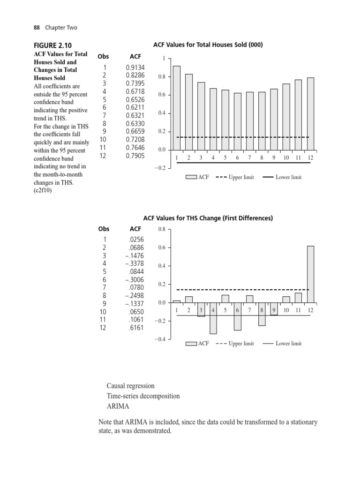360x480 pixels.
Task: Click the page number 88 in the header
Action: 37,28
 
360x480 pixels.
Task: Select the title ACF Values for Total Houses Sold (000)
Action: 208,45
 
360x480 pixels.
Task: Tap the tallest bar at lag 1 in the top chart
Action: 177,108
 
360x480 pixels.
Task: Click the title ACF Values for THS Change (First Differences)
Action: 208,218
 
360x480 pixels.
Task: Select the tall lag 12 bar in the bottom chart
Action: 310,274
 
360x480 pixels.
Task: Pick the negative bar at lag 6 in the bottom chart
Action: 238,316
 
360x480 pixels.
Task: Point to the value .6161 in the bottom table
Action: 136,328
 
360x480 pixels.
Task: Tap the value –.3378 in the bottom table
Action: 135,263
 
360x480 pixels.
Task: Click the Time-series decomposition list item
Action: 143,396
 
